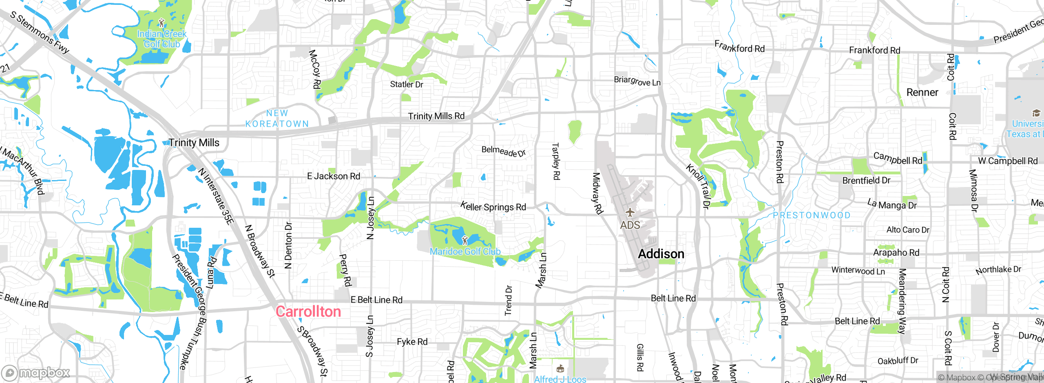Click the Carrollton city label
pos(308,312)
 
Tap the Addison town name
pos(661,254)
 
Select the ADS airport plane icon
pos(630,212)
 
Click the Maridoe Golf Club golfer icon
pos(464,240)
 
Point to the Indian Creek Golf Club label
pos(162,39)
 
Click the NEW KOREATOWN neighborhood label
pos(277,119)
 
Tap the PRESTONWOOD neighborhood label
pos(812,215)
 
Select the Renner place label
pos(922,92)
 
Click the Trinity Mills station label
pos(194,143)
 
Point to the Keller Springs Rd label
pos(493,207)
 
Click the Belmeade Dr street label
pos(503,151)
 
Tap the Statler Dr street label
pos(407,84)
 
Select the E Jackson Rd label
pos(334,176)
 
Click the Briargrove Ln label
pos(637,81)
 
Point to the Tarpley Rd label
pos(555,161)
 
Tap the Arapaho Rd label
pos(896,253)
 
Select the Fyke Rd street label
pos(412,342)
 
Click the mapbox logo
pos(36,373)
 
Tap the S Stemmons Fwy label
pos(40,33)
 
